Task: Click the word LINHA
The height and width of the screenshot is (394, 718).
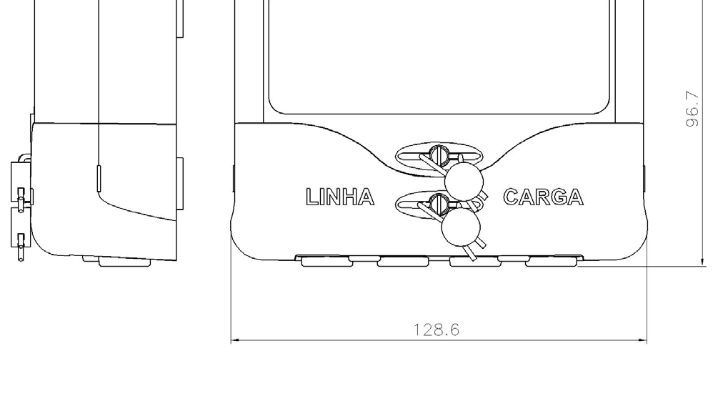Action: click(340, 197)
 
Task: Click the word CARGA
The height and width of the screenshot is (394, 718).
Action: click(543, 197)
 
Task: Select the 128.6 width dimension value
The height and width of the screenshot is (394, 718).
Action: click(437, 330)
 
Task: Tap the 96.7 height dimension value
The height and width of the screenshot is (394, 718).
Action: click(693, 109)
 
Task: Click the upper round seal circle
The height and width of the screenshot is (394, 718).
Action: click(464, 182)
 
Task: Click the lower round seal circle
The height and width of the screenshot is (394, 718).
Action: click(461, 227)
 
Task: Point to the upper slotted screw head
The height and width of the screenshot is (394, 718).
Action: click(439, 155)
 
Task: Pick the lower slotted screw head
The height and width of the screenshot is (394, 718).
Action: click(439, 203)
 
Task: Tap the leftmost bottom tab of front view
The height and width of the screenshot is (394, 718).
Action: click(326, 262)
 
